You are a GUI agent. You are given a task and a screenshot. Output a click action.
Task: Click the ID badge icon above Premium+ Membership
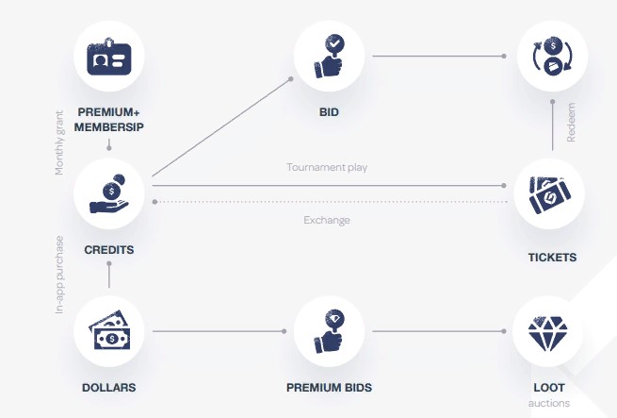[x=109, y=57]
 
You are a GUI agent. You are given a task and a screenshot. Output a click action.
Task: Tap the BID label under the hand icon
[x=329, y=112]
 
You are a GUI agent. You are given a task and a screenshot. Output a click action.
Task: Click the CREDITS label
[x=109, y=250]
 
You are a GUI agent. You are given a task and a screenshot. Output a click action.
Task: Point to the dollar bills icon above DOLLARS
[x=109, y=330]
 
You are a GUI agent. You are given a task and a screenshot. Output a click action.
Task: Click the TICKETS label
[x=552, y=258]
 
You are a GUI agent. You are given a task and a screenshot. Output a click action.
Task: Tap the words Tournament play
[x=327, y=167]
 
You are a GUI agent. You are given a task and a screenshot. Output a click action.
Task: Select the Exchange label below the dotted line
[x=327, y=220]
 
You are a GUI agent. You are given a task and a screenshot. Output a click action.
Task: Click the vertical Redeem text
[x=571, y=123]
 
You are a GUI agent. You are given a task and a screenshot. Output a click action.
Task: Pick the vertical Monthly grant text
[x=59, y=142]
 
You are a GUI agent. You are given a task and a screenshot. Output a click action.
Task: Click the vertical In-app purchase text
[x=59, y=275]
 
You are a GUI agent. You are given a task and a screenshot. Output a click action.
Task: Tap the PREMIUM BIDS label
[x=329, y=388]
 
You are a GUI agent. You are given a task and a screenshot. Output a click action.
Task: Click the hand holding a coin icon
[x=109, y=194]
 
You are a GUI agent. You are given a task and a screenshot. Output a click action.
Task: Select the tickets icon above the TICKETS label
[x=550, y=194]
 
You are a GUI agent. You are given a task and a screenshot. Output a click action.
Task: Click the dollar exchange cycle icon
[x=552, y=56]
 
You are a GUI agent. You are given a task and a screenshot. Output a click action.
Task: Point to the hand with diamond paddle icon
[x=330, y=331]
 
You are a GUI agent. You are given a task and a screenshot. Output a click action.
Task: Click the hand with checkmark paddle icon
[x=330, y=57]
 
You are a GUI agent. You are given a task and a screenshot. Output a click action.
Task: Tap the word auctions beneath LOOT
[x=549, y=404]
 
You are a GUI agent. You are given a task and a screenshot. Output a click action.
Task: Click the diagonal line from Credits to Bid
[x=221, y=127]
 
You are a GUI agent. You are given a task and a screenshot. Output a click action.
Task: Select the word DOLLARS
[x=109, y=388]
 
